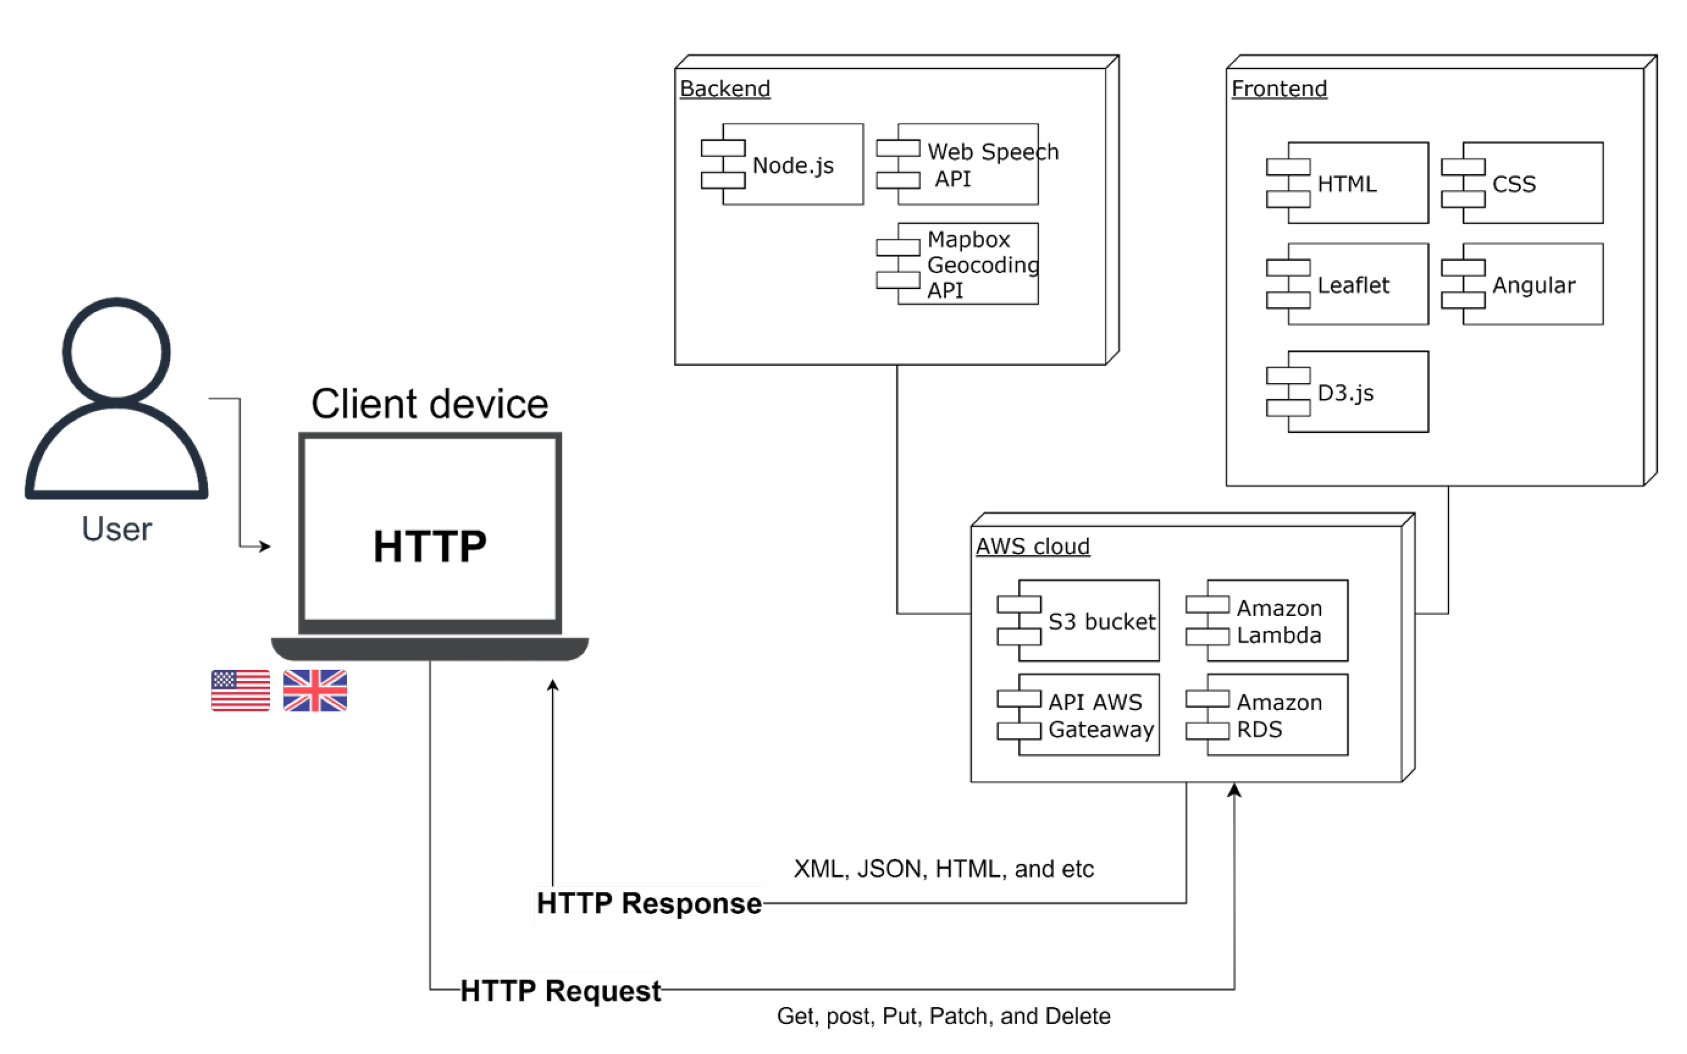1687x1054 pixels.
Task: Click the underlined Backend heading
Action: [x=725, y=88]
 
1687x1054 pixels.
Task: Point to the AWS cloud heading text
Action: [x=1032, y=547]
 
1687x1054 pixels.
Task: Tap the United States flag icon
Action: [x=241, y=691]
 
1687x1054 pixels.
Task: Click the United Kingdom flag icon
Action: [x=315, y=691]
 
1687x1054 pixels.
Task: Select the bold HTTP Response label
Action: [x=649, y=903]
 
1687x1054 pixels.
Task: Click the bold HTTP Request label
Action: [x=560, y=991]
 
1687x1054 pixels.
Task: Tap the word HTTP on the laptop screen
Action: [x=429, y=546]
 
